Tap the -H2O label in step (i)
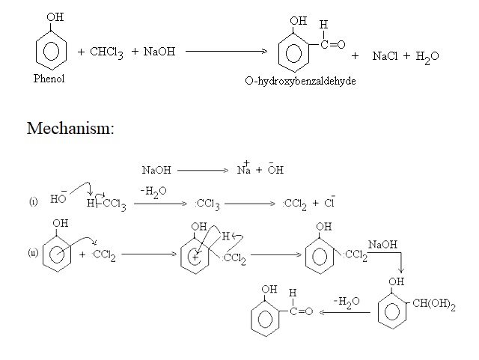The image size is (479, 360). point(153,192)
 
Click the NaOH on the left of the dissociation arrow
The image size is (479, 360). point(156,171)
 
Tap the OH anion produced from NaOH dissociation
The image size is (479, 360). point(275,170)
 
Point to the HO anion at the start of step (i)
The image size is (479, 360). point(58,201)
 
